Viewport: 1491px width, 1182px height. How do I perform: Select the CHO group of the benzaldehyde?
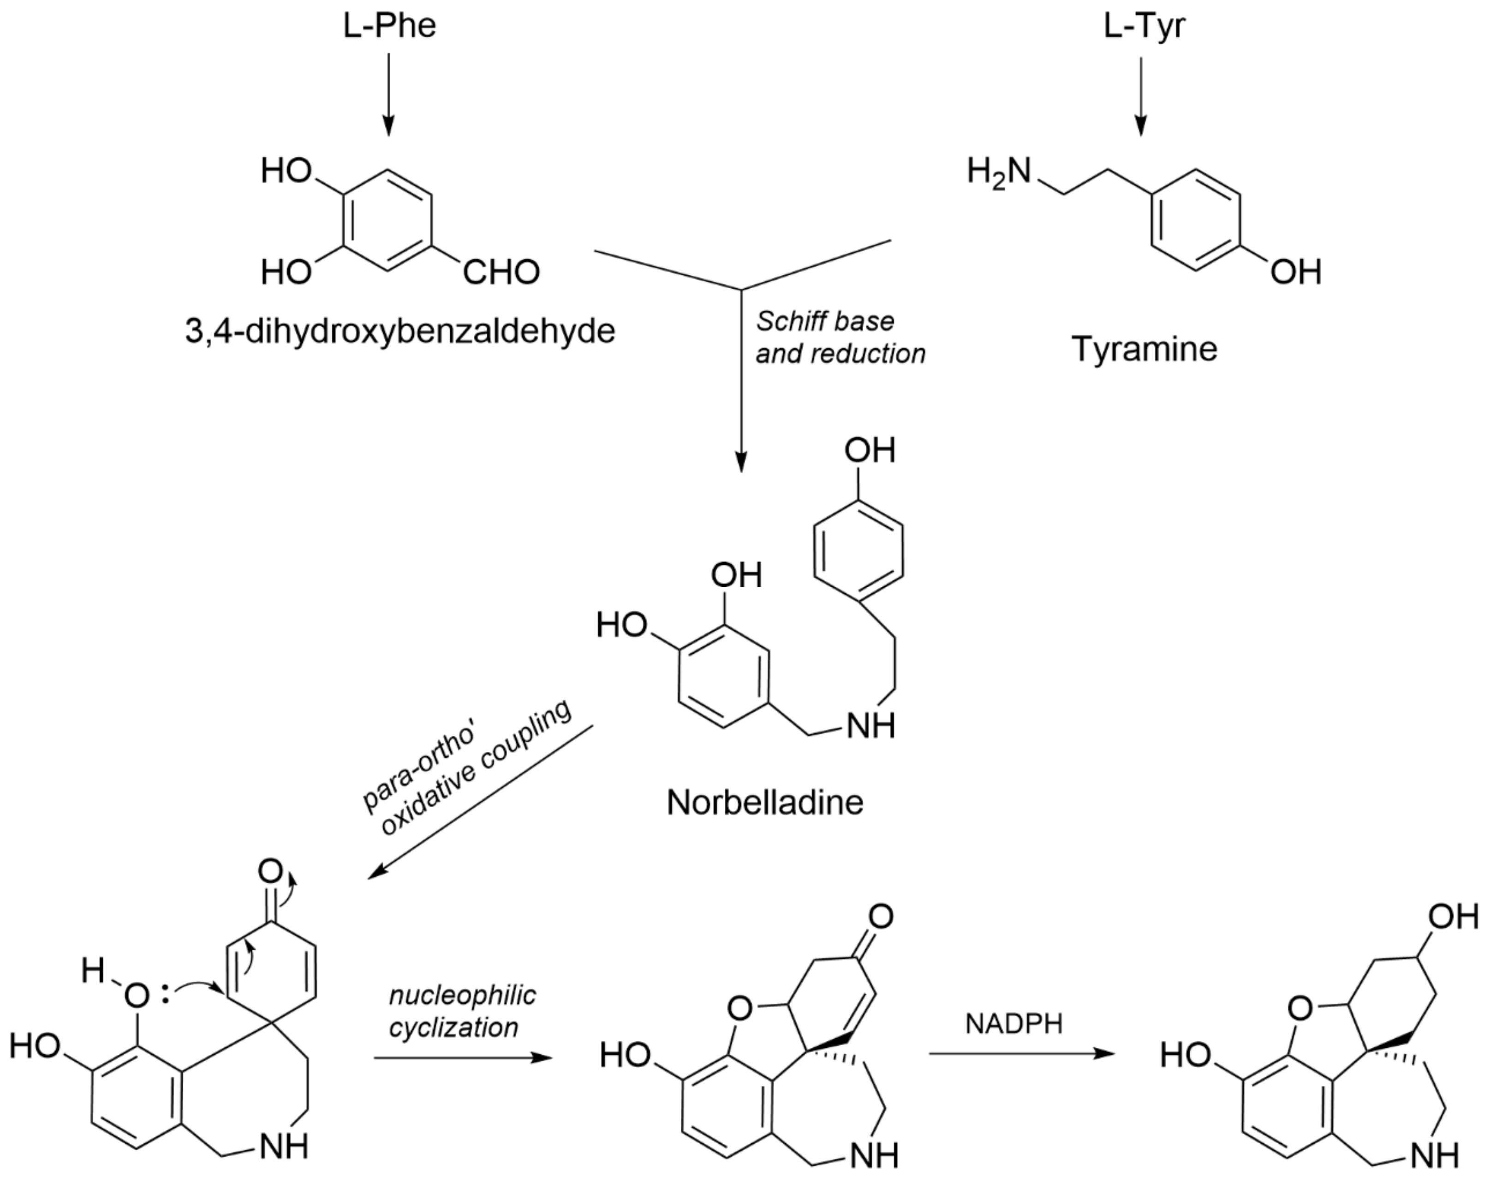click(501, 272)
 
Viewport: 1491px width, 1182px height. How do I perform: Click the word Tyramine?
click(1144, 349)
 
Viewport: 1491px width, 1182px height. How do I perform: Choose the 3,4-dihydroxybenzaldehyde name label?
click(400, 331)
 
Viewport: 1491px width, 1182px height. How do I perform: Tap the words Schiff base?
click(824, 321)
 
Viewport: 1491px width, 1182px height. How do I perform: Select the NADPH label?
click(1014, 1024)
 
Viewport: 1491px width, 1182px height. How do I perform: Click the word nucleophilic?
click(462, 995)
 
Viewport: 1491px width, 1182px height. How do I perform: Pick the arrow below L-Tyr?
click(1141, 97)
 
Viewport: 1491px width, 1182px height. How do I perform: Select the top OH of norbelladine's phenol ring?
click(869, 451)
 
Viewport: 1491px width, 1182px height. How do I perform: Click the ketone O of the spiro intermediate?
click(270, 872)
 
